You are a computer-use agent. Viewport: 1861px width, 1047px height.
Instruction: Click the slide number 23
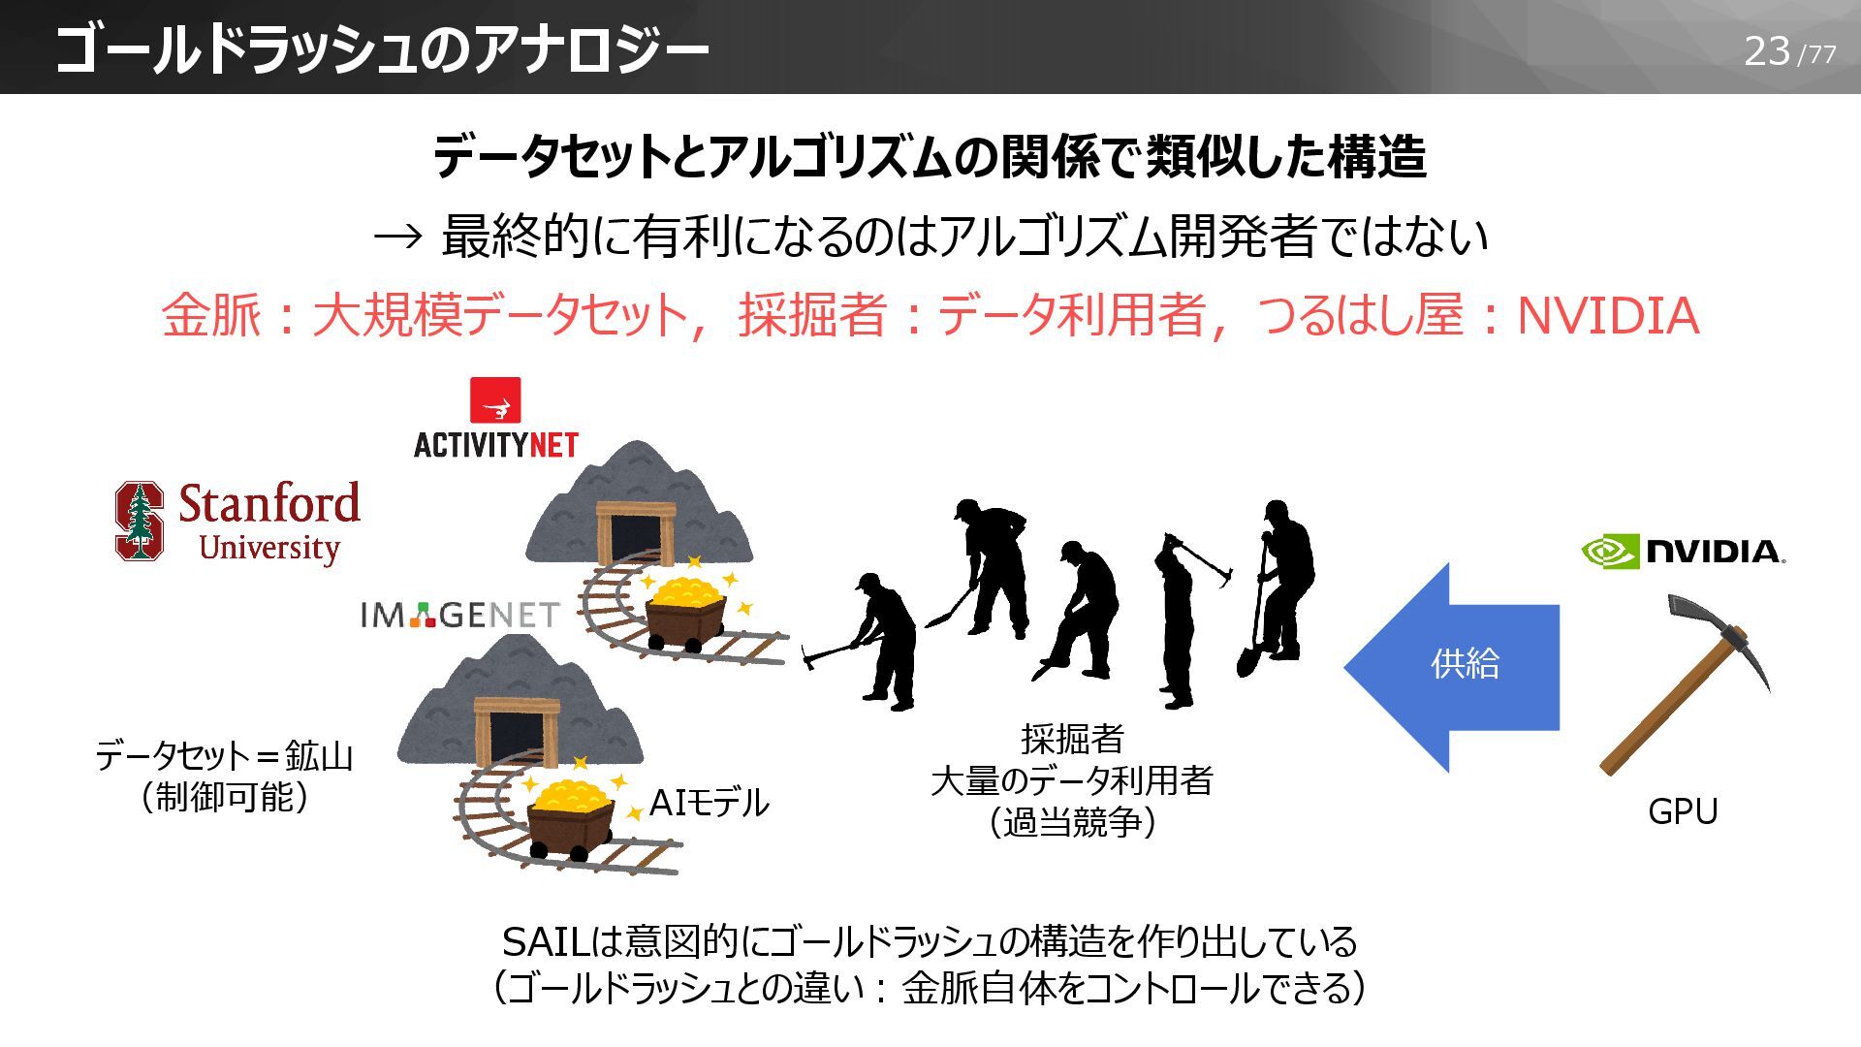(x=1766, y=50)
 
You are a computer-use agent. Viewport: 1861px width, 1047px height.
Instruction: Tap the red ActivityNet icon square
(x=494, y=401)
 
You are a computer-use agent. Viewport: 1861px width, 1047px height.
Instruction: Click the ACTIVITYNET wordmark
(x=495, y=445)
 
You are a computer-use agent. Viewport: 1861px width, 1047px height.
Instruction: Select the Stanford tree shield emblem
(x=140, y=522)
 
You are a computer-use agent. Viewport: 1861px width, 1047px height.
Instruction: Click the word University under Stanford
(x=268, y=548)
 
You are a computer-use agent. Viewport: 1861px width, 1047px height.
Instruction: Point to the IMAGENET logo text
(x=459, y=615)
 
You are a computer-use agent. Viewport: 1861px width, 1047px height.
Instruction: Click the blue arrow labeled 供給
(x=1454, y=665)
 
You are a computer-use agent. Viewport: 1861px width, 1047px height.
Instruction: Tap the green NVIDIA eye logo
(x=1610, y=551)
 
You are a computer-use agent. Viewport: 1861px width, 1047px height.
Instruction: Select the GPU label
(x=1683, y=811)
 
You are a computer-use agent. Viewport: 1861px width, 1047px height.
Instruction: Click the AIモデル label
(x=709, y=803)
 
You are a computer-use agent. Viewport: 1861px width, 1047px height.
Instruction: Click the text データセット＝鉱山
(x=224, y=755)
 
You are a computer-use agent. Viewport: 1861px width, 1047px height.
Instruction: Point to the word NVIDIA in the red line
(x=1607, y=316)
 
